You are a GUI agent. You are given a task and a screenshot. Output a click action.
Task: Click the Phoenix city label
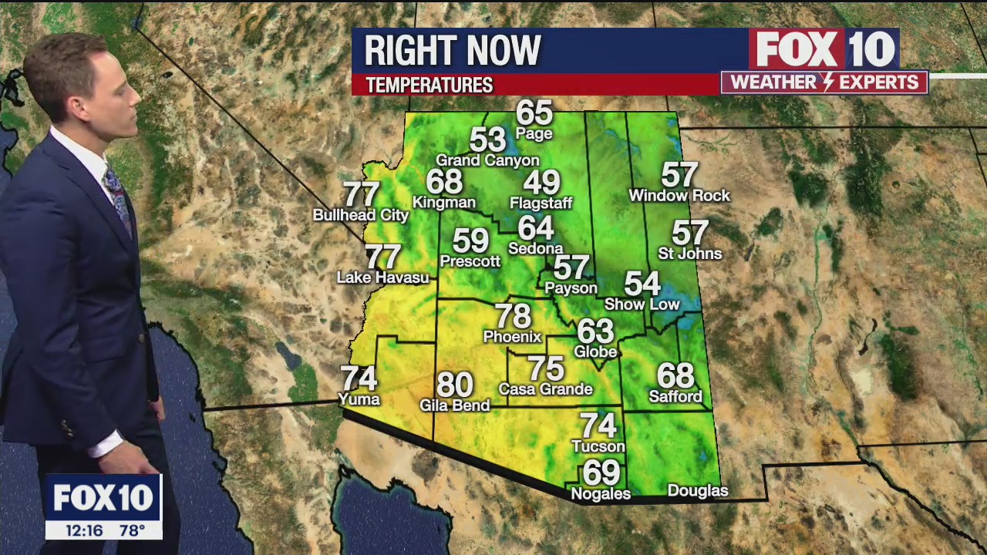(512, 337)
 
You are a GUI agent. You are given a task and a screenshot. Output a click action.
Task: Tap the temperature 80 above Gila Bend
(454, 385)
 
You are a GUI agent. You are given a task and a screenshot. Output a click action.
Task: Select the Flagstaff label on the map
(541, 203)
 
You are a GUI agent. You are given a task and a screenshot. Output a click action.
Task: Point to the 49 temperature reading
(541, 183)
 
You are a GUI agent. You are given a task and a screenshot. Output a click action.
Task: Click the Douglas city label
(697, 491)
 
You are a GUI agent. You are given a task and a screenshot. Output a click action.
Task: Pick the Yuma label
(359, 399)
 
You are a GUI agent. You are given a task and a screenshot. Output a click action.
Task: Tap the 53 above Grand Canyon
(487, 140)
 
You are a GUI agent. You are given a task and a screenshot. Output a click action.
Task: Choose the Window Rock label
(679, 196)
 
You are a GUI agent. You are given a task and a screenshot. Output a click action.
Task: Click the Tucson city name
(598, 446)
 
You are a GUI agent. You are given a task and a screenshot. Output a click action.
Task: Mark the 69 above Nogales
(601, 472)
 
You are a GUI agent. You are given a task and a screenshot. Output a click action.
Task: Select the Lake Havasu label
(382, 277)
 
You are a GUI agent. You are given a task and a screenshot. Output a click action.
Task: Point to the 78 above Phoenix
(513, 316)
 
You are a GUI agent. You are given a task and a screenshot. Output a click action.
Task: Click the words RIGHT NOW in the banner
(452, 51)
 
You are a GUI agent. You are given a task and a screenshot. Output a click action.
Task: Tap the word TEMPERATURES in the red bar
(429, 85)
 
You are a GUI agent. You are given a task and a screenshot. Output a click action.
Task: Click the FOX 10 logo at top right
(824, 49)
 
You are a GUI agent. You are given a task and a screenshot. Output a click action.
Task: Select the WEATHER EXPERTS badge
(824, 82)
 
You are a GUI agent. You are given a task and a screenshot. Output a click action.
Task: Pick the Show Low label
(641, 304)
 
